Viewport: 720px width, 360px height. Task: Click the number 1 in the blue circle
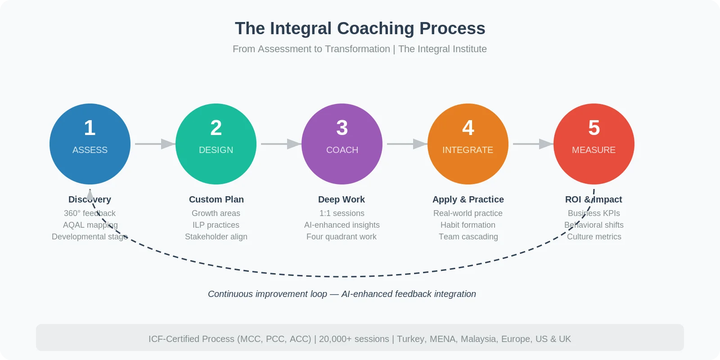pyautogui.click(x=90, y=128)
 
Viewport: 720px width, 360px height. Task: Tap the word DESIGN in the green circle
pyautogui.click(x=216, y=150)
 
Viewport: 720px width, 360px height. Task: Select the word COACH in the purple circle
pyautogui.click(x=342, y=150)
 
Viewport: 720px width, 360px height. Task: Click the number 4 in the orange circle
pyautogui.click(x=468, y=128)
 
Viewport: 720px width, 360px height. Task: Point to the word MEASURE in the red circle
pyautogui.click(x=594, y=150)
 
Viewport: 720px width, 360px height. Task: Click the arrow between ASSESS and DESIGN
pyautogui.click(x=155, y=144)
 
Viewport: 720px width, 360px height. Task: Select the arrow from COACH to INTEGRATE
pyautogui.click(x=407, y=144)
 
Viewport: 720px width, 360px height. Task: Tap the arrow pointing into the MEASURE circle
pyautogui.click(x=533, y=144)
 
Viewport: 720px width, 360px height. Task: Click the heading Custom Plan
pyautogui.click(x=216, y=199)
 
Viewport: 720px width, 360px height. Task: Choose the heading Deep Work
pyautogui.click(x=342, y=199)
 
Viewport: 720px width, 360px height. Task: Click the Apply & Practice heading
pyautogui.click(x=468, y=199)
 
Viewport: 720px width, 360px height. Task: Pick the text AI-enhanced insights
pyautogui.click(x=342, y=225)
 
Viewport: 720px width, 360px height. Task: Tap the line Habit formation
pyautogui.click(x=468, y=225)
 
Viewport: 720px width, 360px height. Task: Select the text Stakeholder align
pyautogui.click(x=216, y=237)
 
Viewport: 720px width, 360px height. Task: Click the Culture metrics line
pyautogui.click(x=594, y=237)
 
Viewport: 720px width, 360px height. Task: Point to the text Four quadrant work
pyautogui.click(x=342, y=237)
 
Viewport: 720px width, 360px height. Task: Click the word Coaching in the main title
pyautogui.click(x=375, y=28)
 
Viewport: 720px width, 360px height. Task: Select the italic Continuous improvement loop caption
pyautogui.click(x=267, y=294)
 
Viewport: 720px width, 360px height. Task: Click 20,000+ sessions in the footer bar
pyautogui.click(x=354, y=339)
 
